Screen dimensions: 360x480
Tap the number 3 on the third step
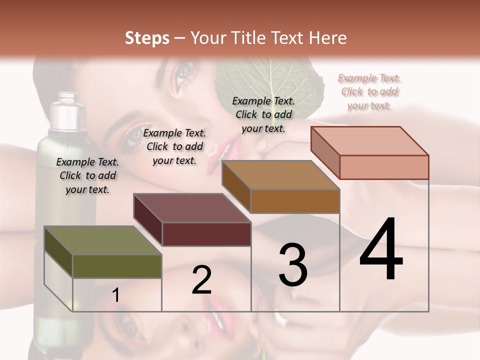292,265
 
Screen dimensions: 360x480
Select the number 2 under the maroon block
201,280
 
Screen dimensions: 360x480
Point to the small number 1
115,295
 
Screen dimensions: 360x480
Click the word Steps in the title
147,38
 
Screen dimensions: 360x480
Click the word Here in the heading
327,38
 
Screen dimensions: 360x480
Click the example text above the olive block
87,175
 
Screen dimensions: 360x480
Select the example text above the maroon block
174,146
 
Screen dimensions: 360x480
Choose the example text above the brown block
263,114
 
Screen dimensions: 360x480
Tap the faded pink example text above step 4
369,91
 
